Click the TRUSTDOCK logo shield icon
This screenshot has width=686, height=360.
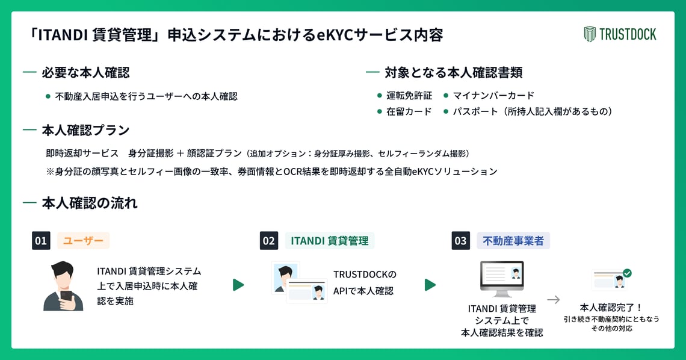coord(590,34)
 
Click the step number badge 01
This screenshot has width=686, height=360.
coord(41,241)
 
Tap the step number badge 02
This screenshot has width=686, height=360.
coord(269,241)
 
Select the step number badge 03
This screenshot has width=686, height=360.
coord(460,241)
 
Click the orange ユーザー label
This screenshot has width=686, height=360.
coord(84,241)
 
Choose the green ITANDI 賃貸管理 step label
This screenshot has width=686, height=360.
coord(329,241)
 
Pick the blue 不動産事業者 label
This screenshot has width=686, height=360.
coord(513,241)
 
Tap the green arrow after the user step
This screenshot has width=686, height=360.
coord(238,285)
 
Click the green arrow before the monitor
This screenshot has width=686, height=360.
coord(430,285)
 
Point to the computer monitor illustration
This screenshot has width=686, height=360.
coord(501,278)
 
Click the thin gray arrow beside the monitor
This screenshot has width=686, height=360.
coord(553,299)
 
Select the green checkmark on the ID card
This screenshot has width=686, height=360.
coord(627,273)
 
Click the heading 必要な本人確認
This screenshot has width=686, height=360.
coord(85,73)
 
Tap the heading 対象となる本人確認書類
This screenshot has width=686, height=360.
coord(453,73)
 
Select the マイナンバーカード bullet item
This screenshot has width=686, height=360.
coord(493,96)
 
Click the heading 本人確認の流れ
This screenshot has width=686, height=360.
coord(89,203)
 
